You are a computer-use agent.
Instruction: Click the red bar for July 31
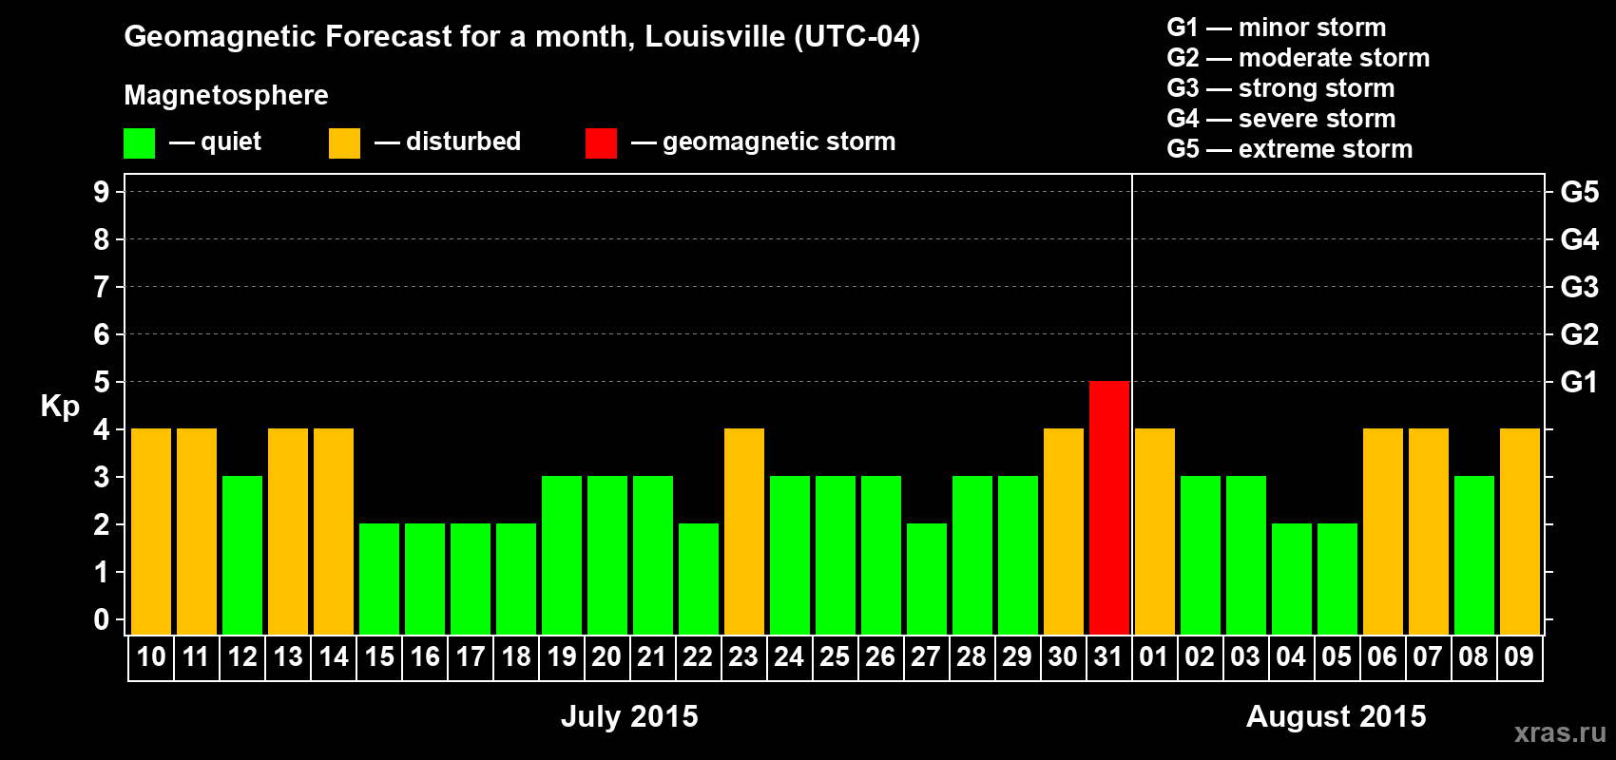[x=1109, y=507]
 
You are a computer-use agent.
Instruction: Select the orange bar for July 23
[x=744, y=531]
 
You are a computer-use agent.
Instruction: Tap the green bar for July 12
[x=242, y=555]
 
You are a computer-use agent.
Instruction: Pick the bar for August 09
[x=1520, y=531]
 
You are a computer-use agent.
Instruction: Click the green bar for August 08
[x=1474, y=555]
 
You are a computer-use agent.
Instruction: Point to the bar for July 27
[x=927, y=579]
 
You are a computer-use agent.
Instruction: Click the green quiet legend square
[x=140, y=143]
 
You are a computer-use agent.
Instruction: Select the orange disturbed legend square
[x=344, y=143]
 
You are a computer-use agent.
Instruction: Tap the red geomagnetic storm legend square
[x=601, y=143]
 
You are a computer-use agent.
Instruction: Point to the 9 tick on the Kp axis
[x=102, y=192]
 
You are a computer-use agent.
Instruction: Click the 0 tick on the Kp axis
[x=102, y=620]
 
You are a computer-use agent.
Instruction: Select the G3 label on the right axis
[x=1579, y=287]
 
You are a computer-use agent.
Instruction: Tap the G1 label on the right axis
[x=1579, y=382]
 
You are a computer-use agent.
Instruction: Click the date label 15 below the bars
[x=379, y=657]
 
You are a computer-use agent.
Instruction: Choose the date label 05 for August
[x=1337, y=657]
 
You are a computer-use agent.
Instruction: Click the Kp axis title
[x=60, y=407]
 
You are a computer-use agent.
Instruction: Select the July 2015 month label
[x=629, y=716]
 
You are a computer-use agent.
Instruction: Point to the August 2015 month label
[x=1336, y=716]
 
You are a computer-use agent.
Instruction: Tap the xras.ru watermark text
[x=1560, y=732]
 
